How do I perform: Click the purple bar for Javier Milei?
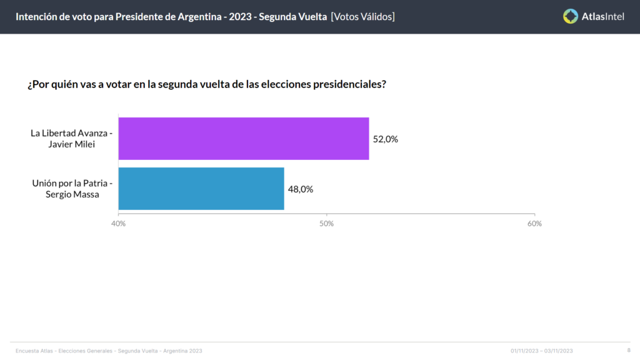point(244,139)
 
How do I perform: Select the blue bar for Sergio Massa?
point(201,189)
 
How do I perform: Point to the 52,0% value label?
point(385,139)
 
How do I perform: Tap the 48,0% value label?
point(301,189)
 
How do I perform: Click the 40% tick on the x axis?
point(118,224)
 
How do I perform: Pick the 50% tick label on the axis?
point(326,224)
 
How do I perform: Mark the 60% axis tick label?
point(535,224)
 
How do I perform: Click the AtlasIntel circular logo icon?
point(571,16)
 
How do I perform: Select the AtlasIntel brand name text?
point(603,17)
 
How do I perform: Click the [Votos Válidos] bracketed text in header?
point(363,17)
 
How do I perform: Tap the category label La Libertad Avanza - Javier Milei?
point(71,138)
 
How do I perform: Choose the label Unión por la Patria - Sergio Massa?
point(72,189)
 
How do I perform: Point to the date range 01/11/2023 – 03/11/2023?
point(542,351)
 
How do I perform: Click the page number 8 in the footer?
point(629,350)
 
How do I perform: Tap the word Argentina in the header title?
point(199,17)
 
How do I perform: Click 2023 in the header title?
point(240,17)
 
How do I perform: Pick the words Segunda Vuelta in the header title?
point(292,17)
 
